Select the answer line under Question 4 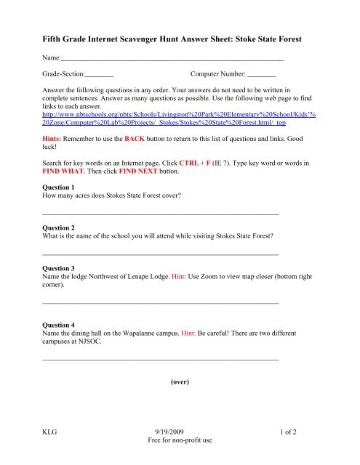tap(161, 360)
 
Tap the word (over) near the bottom tap(180, 381)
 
